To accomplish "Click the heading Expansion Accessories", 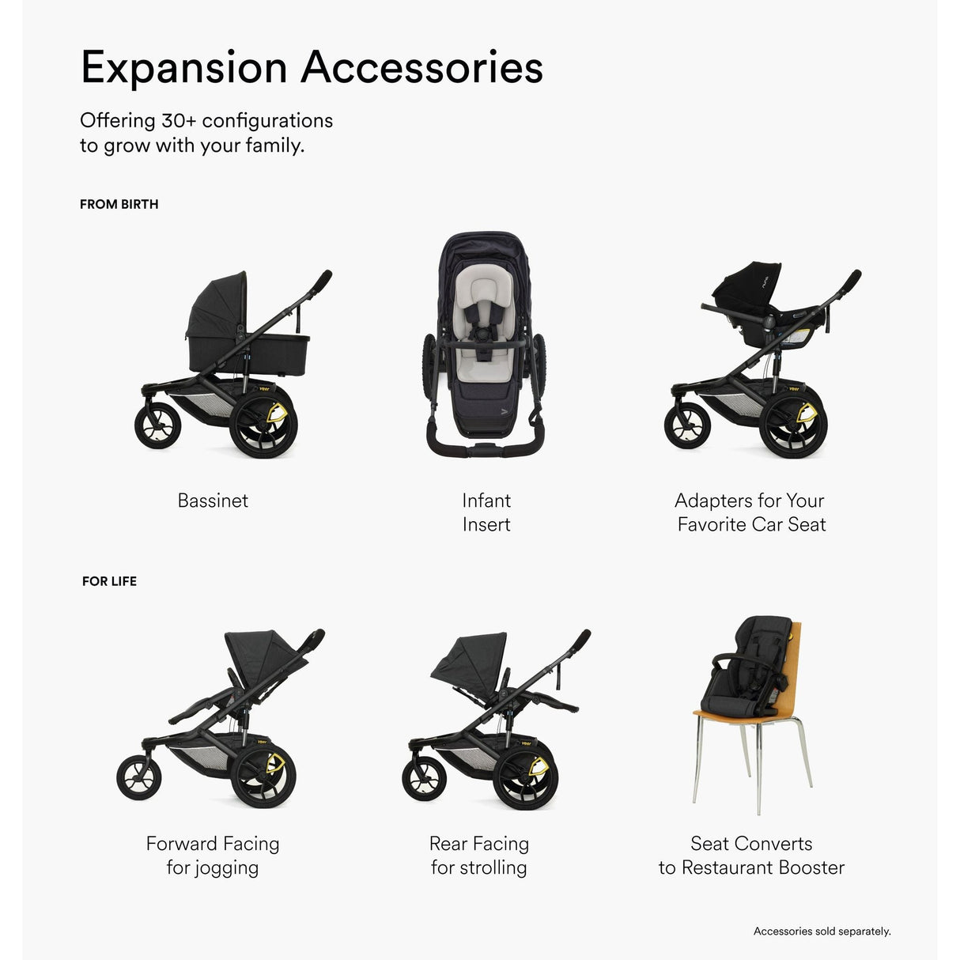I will click(x=312, y=67).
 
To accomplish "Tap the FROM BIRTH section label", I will click(x=119, y=204).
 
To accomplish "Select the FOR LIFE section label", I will click(x=109, y=581).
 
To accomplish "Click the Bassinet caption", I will click(x=213, y=501).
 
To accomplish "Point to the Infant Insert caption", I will click(x=486, y=512).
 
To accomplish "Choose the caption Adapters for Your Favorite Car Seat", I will click(x=750, y=512).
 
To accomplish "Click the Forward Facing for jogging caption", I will click(x=213, y=856).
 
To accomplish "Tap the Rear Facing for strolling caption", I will click(x=479, y=856).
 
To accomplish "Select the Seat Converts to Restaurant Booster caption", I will click(x=751, y=856).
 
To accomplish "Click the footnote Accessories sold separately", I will click(x=822, y=932).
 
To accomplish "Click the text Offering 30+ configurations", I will click(x=206, y=121).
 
